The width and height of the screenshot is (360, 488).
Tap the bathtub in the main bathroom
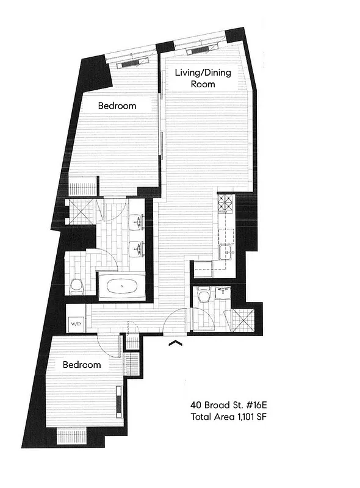pos(121,285)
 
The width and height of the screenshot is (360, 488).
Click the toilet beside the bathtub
pos(77,286)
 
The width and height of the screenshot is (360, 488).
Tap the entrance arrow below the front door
pos(176,345)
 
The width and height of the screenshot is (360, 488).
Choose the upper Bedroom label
pos(117,106)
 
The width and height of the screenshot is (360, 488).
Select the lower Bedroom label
pos(82,365)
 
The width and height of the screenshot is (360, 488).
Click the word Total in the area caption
pos(202,417)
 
